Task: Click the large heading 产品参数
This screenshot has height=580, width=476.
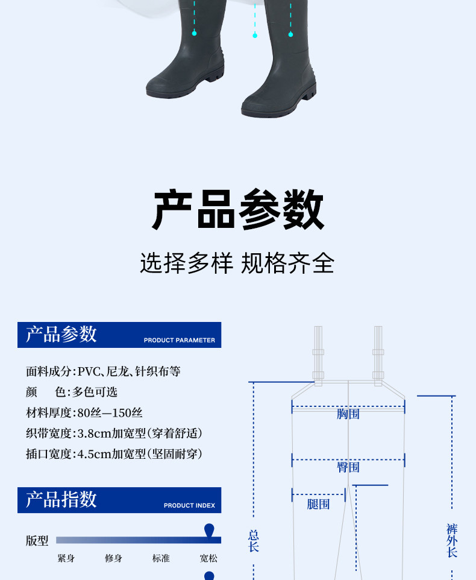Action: pyautogui.click(x=238, y=210)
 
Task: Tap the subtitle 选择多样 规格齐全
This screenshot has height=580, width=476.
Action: pyautogui.click(x=237, y=263)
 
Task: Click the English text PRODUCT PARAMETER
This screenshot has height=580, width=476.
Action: pyautogui.click(x=179, y=340)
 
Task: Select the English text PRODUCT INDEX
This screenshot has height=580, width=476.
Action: pyautogui.click(x=189, y=505)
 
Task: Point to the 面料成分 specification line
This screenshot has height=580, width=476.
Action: pyautogui.click(x=103, y=371)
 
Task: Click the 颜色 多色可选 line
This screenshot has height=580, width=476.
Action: pyautogui.click(x=72, y=392)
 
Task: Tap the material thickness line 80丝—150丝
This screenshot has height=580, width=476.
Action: pyautogui.click(x=84, y=413)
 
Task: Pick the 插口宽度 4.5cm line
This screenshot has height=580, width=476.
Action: pyautogui.click(x=114, y=454)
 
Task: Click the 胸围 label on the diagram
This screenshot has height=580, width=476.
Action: pyautogui.click(x=348, y=414)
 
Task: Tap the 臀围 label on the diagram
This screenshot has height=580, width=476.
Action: pyautogui.click(x=348, y=467)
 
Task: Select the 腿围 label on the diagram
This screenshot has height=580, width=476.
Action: pyautogui.click(x=318, y=504)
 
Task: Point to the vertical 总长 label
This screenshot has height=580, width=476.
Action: pyautogui.click(x=254, y=541)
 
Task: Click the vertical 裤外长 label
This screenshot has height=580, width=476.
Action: pyautogui.click(x=452, y=540)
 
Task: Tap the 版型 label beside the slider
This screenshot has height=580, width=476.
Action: pyautogui.click(x=37, y=541)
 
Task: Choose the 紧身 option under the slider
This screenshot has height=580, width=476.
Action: pyautogui.click(x=66, y=558)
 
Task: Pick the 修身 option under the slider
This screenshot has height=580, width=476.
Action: pyautogui.click(x=113, y=558)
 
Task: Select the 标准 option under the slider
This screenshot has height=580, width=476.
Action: pyautogui.click(x=161, y=558)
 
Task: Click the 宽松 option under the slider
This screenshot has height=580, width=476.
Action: pyautogui.click(x=208, y=558)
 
